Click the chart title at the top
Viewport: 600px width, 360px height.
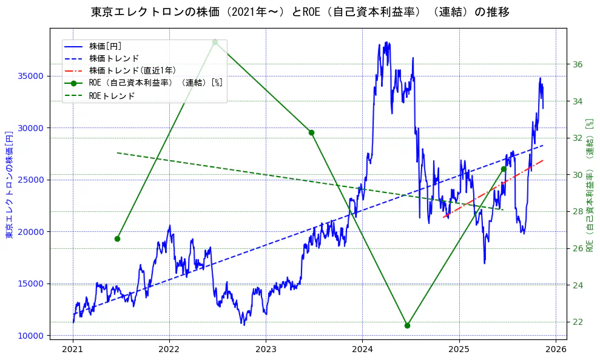tap(300, 12)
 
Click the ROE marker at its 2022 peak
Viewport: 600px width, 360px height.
tap(215, 42)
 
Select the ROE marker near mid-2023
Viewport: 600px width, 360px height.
tap(311, 132)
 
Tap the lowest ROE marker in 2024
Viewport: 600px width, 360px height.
tap(407, 325)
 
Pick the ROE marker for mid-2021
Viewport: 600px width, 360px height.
tap(117, 239)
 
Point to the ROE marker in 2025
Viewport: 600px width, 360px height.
tap(504, 169)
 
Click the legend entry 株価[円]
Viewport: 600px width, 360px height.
tap(106, 46)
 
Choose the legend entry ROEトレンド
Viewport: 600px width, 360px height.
tap(112, 95)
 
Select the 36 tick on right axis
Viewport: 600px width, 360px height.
tap(578, 64)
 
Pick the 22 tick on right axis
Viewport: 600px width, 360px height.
tap(578, 322)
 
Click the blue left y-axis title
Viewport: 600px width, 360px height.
tap(9, 185)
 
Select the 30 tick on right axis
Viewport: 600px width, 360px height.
tap(578, 175)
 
